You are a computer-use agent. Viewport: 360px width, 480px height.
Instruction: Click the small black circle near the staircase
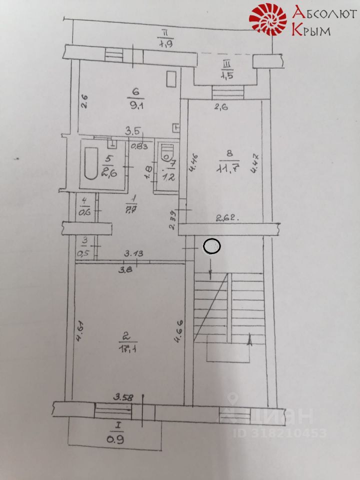point(212,246)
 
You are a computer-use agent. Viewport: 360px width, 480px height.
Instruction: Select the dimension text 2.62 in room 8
point(226,217)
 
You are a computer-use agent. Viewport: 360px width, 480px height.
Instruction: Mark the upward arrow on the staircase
point(249,340)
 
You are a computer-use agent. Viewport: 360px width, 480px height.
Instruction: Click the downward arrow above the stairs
point(210,274)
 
